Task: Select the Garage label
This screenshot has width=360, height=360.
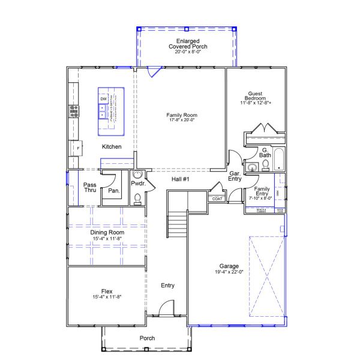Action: coord(229,266)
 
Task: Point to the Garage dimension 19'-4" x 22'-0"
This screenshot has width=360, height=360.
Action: coord(229,272)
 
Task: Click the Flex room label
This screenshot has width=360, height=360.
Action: coord(107,291)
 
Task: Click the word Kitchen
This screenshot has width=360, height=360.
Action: coord(112,147)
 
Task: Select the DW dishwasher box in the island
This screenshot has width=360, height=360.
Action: coord(103,98)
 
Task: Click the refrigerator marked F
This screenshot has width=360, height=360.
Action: coord(77,147)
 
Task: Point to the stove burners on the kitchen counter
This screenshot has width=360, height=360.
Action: coord(74,110)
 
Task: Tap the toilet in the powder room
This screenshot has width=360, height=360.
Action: coord(137,197)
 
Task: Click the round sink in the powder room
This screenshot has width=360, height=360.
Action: coord(138,175)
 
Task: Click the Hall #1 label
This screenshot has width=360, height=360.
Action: coord(180,179)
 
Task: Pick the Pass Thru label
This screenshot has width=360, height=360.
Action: coord(89,188)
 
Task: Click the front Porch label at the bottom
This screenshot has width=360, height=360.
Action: coord(147,338)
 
